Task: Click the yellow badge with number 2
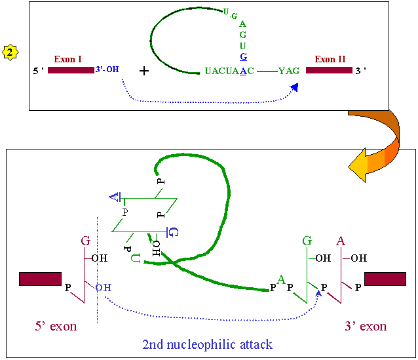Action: tap(10, 52)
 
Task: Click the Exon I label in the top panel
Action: tap(68, 59)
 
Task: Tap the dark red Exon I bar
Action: tap(70, 70)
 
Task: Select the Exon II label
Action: tap(330, 59)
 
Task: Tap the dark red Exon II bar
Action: tap(328, 70)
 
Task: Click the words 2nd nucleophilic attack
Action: tap(207, 344)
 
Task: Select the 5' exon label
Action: tap(56, 327)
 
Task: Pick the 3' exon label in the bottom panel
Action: tap(365, 327)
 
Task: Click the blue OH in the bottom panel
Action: tap(102, 287)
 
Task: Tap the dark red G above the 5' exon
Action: tap(85, 241)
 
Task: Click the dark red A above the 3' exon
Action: tap(341, 241)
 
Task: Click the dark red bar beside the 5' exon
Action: tap(40, 279)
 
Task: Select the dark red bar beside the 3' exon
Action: tap(385, 279)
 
